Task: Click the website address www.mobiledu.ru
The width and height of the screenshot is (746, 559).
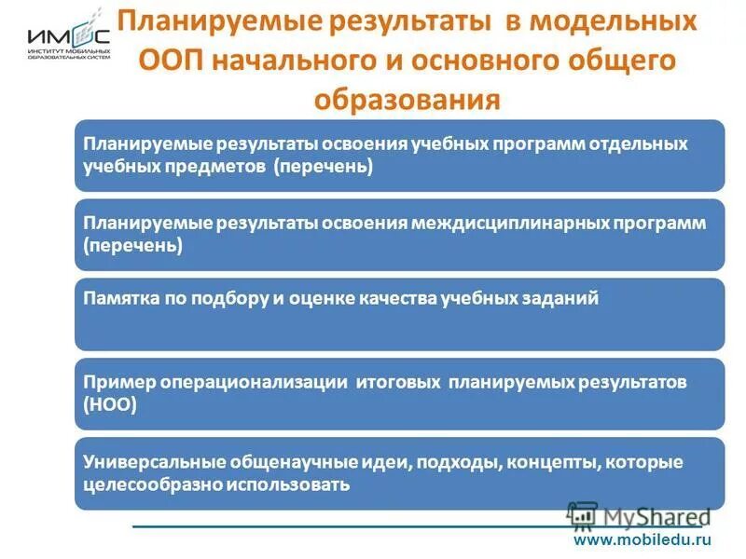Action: [642, 539]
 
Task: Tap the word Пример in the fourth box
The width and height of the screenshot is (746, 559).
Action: [111, 383]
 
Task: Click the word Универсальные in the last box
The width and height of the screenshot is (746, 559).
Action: [145, 462]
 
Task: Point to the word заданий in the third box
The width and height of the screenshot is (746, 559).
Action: [564, 298]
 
